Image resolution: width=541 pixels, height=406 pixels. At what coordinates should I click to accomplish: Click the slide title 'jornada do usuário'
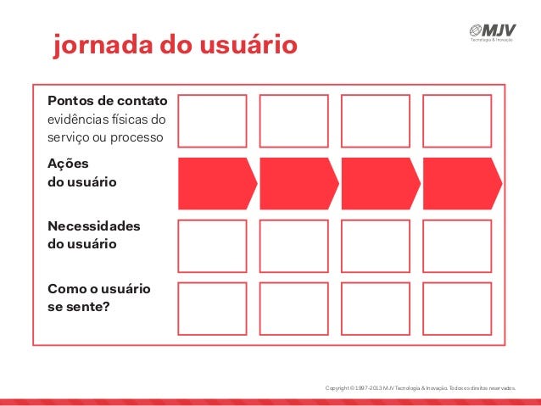tap(176, 44)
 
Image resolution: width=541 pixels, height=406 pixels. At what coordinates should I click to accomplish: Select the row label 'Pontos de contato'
tap(108, 100)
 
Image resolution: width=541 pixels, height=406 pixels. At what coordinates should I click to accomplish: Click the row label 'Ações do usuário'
tap(82, 173)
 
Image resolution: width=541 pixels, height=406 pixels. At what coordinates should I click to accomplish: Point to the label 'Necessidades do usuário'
tap(94, 236)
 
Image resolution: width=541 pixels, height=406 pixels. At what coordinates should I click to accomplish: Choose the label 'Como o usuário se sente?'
tap(99, 298)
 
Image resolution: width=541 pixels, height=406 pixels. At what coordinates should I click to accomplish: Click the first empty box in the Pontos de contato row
tap(212, 120)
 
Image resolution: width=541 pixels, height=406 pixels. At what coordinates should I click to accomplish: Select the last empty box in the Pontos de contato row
tap(457, 120)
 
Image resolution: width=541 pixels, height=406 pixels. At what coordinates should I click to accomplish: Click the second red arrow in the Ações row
tap(298, 183)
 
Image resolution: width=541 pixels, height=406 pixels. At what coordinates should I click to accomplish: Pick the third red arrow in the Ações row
tap(379, 183)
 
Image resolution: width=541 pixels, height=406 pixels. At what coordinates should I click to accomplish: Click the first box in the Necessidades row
tap(212, 246)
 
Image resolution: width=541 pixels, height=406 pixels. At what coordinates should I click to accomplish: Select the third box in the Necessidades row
tap(376, 246)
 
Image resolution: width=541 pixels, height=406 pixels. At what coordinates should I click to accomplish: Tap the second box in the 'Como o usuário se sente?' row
tap(293, 309)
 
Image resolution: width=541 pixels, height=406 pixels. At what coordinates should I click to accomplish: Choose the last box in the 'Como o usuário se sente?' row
tap(457, 309)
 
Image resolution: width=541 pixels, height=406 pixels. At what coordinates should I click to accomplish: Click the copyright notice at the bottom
tap(420, 388)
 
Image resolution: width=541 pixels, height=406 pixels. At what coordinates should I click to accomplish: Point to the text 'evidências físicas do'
tap(107, 119)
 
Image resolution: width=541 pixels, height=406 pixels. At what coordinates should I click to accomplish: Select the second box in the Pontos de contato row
tap(293, 120)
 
